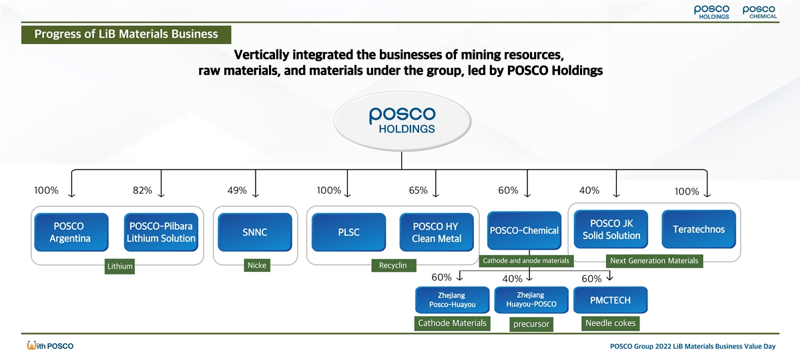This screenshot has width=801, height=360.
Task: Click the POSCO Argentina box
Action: pyautogui.click(x=69, y=232)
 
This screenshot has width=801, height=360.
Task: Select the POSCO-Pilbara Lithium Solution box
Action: pyautogui.click(x=161, y=232)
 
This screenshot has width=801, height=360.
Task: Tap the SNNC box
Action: pyautogui.click(x=254, y=232)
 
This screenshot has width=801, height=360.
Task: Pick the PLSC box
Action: pyautogui.click(x=348, y=232)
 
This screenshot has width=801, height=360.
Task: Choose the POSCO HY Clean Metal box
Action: pyautogui.click(x=437, y=232)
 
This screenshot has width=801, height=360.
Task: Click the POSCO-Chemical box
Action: pyautogui.click(x=524, y=231)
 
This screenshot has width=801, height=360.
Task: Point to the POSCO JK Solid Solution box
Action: pyautogui.click(x=611, y=229)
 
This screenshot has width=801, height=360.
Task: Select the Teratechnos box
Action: pyautogui.click(x=698, y=229)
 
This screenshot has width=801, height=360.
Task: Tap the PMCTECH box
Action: pyautogui.click(x=609, y=301)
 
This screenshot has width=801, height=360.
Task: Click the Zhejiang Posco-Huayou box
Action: pyautogui.click(x=452, y=301)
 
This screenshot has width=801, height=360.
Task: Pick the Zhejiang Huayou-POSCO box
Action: pyautogui.click(x=531, y=301)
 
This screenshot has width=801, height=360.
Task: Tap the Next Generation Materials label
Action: pyautogui.click(x=653, y=260)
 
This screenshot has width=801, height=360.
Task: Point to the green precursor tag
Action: pyautogui.click(x=531, y=325)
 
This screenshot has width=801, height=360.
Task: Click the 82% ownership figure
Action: pyautogui.click(x=142, y=190)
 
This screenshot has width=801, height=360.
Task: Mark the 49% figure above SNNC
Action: pyautogui.click(x=237, y=190)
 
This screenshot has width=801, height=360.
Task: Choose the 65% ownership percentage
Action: pyautogui.click(x=418, y=190)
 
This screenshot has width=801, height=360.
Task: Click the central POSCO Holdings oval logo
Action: pyautogui.click(x=401, y=121)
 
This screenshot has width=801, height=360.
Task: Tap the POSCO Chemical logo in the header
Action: pyautogui.click(x=759, y=12)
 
